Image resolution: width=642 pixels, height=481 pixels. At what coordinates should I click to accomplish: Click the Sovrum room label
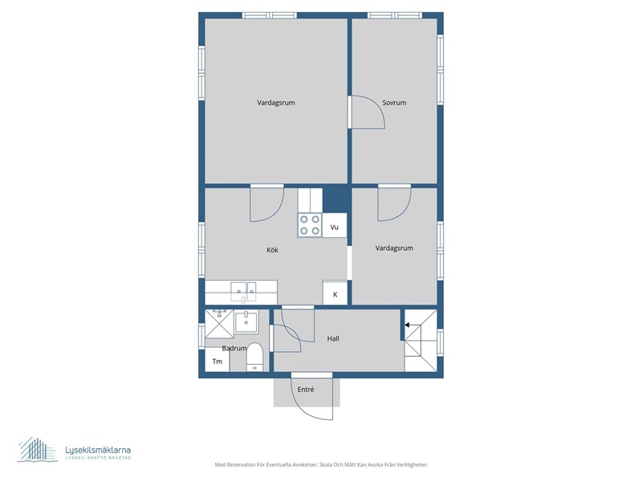coord(394,103)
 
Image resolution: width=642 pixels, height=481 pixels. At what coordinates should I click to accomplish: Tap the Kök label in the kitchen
coord(272,250)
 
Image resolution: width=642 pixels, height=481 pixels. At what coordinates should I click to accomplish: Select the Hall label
coord(333,338)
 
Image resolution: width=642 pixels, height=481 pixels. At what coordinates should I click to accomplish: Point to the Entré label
coord(306,390)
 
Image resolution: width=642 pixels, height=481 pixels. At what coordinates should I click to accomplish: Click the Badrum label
coord(234,349)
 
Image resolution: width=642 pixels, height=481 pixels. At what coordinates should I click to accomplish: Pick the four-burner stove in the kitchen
coord(310,225)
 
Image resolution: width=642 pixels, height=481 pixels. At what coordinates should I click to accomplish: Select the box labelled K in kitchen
coord(335,293)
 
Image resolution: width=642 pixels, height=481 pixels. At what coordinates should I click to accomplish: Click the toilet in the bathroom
coord(254,357)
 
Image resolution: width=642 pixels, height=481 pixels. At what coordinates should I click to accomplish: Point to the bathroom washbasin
coord(246,321)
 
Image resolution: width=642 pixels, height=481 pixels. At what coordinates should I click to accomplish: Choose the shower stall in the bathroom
coord(219,324)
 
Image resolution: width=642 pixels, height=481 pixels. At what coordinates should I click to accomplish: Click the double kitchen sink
coord(243,291)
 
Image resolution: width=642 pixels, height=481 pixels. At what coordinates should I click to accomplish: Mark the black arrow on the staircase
coord(408,325)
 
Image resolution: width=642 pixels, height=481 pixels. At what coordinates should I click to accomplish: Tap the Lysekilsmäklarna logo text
coord(98,450)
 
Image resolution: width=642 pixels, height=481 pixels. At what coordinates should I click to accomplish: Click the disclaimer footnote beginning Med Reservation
coord(321,465)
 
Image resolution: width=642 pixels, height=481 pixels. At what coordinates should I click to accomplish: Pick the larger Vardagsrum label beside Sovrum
coord(276,103)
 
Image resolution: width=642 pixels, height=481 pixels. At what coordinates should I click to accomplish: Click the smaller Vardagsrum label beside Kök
coord(394,248)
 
